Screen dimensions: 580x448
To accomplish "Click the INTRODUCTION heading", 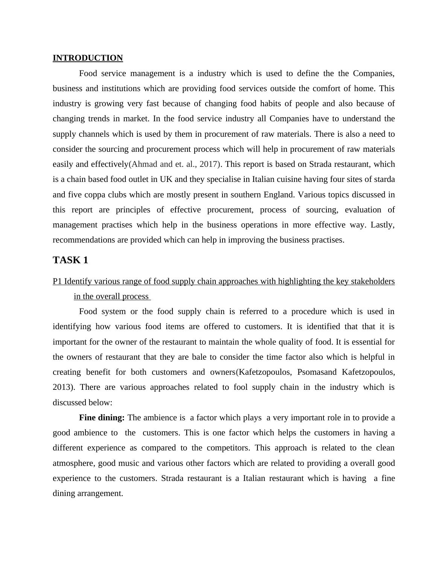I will tap(88, 58).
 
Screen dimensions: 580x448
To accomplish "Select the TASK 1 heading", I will tap(70, 260).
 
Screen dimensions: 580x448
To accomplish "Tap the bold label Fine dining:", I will tap(102, 418).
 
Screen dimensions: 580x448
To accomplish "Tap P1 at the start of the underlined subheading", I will tap(57, 281).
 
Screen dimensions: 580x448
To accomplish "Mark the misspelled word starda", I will tap(384, 179).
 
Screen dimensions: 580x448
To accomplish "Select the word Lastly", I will tap(382, 225).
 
